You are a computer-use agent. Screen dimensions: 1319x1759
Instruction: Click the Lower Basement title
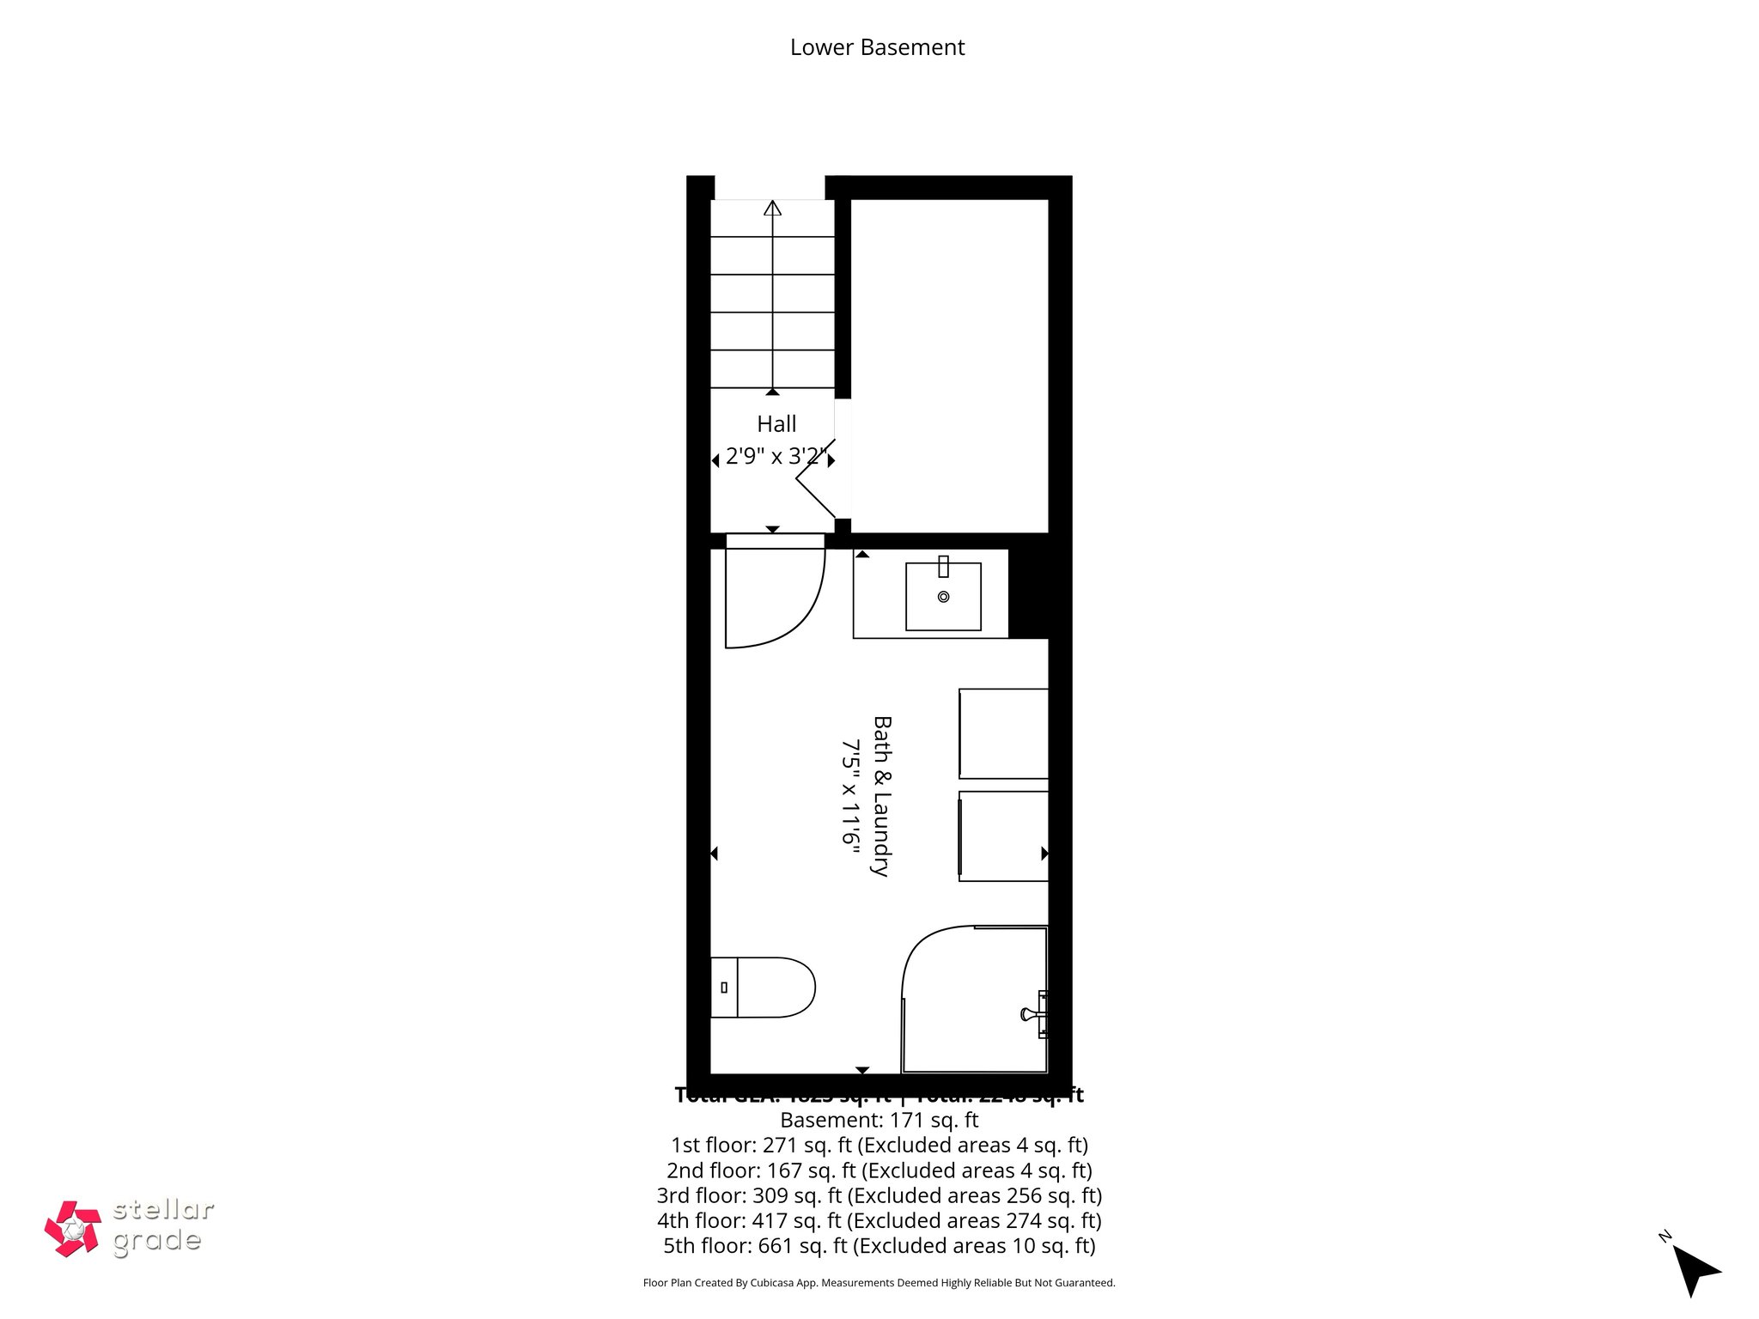pyautogui.click(x=877, y=47)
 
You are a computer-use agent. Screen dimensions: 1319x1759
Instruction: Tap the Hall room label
pyautogui.click(x=776, y=423)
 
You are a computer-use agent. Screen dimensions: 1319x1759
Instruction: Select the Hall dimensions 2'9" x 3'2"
pyautogui.click(x=776, y=456)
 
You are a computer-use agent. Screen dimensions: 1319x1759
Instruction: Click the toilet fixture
pyautogui.click(x=764, y=988)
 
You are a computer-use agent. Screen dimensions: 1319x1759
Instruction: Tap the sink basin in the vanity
pyautogui.click(x=943, y=597)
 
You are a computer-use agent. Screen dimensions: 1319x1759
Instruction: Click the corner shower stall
pyautogui.click(x=974, y=1000)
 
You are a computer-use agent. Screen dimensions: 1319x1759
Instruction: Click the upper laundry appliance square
pyautogui.click(x=1003, y=733)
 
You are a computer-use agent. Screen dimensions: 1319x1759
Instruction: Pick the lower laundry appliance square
pyautogui.click(x=1003, y=836)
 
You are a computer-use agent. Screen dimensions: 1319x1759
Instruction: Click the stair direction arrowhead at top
pyautogui.click(x=773, y=208)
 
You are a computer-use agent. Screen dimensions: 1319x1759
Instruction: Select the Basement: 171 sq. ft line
pyautogui.click(x=879, y=1120)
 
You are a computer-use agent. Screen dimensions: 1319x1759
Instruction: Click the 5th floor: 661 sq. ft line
pyautogui.click(x=879, y=1245)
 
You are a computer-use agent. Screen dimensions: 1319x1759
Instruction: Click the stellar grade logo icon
pyautogui.click(x=73, y=1229)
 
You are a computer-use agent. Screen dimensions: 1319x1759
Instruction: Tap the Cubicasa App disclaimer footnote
pyautogui.click(x=879, y=1283)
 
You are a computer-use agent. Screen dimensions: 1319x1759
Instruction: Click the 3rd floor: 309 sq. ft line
pyautogui.click(x=879, y=1195)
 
